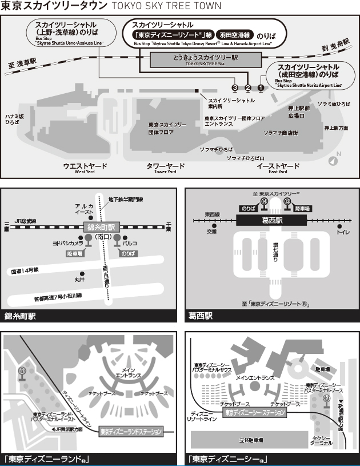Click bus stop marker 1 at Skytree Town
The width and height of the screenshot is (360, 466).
pyautogui.click(x=261, y=87)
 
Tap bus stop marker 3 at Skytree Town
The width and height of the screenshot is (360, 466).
pyautogui.click(x=234, y=87)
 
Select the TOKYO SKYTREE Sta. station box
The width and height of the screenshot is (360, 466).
pyautogui.click(x=205, y=59)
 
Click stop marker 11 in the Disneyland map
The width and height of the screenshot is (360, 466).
pyautogui.click(x=22, y=372)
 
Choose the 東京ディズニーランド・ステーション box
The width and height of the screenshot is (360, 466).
pyautogui.click(x=131, y=431)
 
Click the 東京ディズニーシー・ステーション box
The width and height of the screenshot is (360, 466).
pyautogui.click(x=254, y=412)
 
